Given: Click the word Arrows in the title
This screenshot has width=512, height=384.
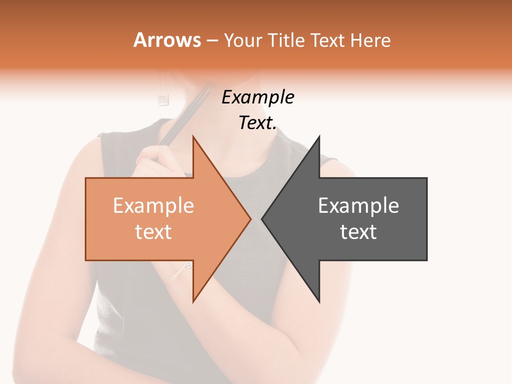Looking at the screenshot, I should click(167, 40).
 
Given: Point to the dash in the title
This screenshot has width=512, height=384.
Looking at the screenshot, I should click(212, 41).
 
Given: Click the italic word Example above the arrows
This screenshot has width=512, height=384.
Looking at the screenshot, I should click(258, 98).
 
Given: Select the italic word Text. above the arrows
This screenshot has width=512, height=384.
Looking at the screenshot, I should click(258, 123).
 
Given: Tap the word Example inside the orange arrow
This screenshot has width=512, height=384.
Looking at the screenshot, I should click(153, 206).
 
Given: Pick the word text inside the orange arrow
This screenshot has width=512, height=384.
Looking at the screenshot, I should click(153, 232).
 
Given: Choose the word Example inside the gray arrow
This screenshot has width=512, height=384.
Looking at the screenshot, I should click(358, 206).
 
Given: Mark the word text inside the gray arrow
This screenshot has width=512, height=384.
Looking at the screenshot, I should click(358, 232).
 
